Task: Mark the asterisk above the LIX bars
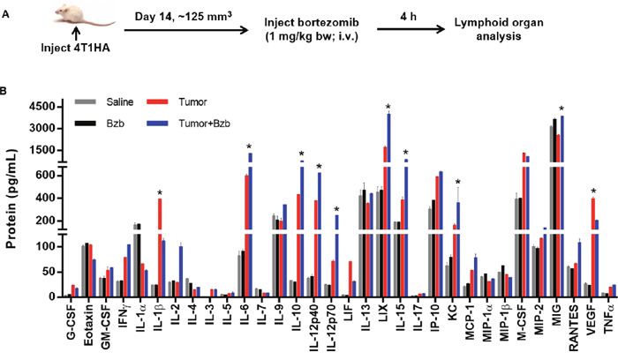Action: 388,109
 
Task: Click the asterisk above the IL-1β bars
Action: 159,192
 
